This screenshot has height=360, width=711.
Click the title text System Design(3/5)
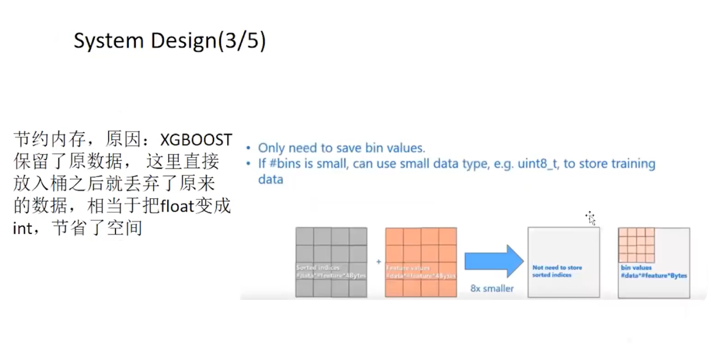coord(169,41)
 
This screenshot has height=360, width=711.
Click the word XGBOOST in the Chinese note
coord(196,140)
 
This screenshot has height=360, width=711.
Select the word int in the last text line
coord(22,229)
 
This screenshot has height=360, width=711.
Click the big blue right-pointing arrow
coord(494,261)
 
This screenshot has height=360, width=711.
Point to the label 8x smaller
coord(492,289)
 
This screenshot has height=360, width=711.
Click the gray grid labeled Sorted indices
coord(331,262)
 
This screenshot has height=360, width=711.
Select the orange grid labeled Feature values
coord(421,262)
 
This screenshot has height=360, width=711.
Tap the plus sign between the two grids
coord(378,261)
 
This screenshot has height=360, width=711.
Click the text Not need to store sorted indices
coord(557,271)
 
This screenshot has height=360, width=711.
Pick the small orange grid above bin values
coord(637,245)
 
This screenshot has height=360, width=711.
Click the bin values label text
coord(636,268)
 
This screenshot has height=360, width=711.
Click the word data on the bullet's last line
coord(270,179)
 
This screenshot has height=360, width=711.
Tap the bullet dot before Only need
coord(249,149)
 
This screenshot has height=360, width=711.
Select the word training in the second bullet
coord(633,164)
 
